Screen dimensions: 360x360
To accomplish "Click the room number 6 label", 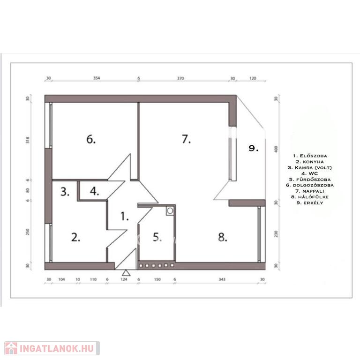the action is [91, 139].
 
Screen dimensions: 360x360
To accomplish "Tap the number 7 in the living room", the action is [186, 139].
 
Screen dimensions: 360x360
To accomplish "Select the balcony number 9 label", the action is [254, 148].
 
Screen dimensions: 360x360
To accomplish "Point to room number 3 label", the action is [65, 192].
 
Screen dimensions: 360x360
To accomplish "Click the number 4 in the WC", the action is [94, 191].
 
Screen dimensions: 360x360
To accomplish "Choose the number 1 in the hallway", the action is [125, 216].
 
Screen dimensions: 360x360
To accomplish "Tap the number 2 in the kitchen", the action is [76, 237].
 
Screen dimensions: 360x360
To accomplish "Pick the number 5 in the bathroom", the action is [157, 237].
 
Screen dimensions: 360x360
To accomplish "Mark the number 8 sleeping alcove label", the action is [223, 237].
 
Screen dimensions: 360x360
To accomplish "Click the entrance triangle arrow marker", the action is [126, 273].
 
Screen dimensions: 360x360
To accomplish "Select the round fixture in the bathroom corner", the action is [170, 210].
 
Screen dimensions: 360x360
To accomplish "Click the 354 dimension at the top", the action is [97, 78].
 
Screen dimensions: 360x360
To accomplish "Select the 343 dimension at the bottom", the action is [222, 279].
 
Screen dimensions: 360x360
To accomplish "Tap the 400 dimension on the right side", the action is [276, 149].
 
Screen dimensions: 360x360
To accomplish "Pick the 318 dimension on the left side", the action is [28, 140].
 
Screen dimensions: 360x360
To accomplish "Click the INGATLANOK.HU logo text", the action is [57, 348].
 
